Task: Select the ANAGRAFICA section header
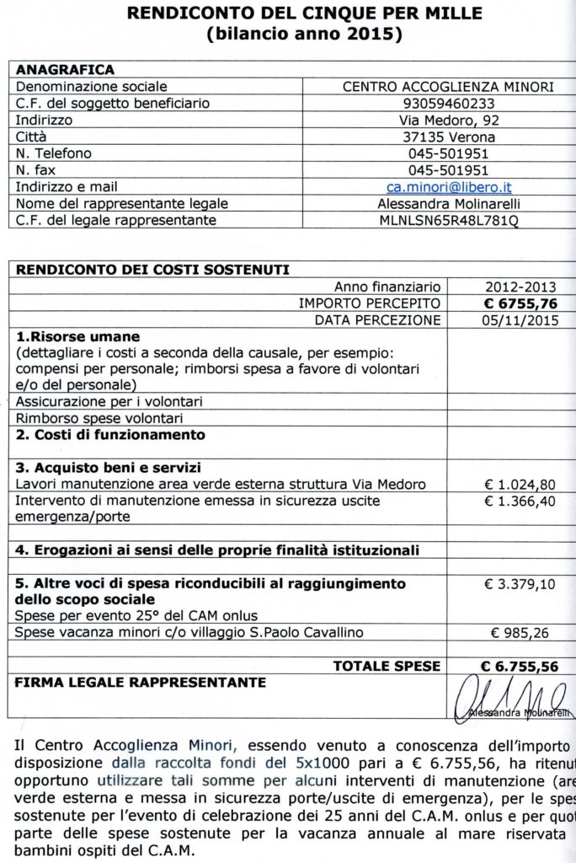[65, 69]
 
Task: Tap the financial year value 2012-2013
[520, 287]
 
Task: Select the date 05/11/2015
[520, 320]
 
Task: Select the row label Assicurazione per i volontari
[109, 401]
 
